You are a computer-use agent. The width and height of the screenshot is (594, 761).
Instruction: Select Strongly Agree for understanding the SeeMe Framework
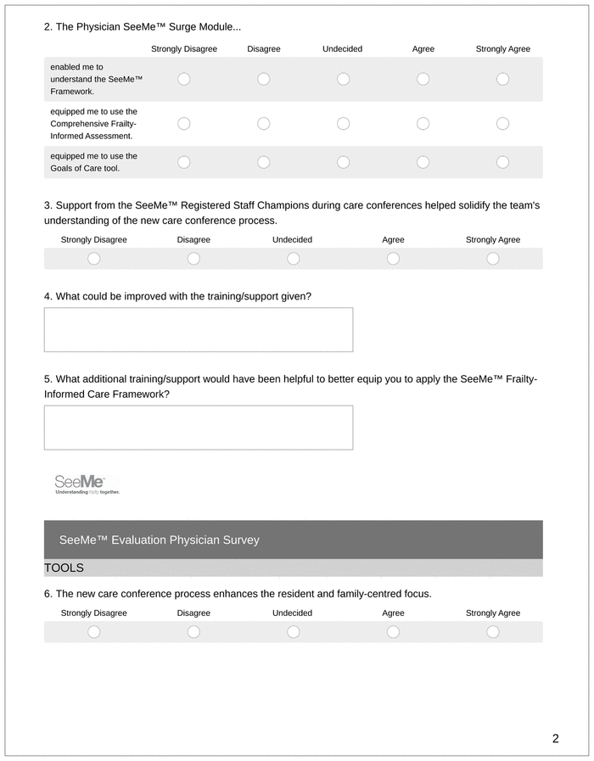click(502, 79)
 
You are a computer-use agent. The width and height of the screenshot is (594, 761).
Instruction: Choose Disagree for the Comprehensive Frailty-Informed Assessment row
click(264, 124)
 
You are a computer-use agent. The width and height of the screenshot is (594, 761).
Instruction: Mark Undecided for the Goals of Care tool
click(344, 162)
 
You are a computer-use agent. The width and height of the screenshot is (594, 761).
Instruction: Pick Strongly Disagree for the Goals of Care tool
click(184, 162)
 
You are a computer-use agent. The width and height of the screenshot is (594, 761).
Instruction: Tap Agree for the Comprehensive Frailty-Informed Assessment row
click(423, 124)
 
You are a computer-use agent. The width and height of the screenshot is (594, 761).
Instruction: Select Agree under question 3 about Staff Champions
click(393, 259)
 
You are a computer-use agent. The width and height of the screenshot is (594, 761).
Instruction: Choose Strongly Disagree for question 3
click(94, 259)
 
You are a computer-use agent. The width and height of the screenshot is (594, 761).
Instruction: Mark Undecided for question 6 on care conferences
click(293, 632)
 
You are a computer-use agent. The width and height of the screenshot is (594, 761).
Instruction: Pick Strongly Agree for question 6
click(493, 632)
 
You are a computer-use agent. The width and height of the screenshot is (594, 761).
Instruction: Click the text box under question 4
click(199, 329)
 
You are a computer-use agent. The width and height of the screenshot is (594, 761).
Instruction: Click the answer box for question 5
click(199, 428)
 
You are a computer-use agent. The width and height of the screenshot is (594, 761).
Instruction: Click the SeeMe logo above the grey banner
click(87, 484)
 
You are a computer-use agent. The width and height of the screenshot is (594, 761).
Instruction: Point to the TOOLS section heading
click(64, 568)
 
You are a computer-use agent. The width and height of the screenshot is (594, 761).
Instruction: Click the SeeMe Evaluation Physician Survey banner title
click(160, 540)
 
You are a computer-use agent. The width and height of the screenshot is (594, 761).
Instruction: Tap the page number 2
click(555, 738)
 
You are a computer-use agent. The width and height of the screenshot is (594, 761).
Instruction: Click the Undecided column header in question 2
click(343, 49)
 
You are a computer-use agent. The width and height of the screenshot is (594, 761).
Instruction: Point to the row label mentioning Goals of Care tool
click(93, 162)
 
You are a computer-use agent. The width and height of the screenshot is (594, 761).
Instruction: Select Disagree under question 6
click(193, 632)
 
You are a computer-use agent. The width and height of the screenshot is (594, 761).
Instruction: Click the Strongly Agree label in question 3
click(493, 240)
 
